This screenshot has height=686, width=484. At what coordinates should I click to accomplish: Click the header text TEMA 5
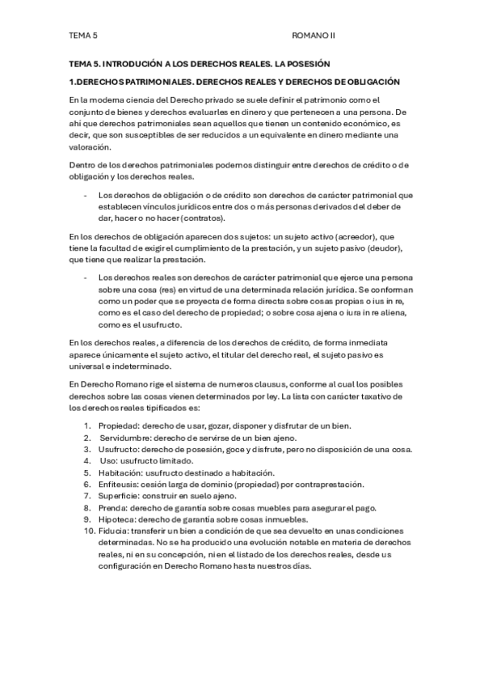coord(83,36)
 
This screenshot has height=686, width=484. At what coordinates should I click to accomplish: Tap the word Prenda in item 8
coord(112,508)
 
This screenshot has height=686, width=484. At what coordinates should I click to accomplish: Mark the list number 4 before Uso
coord(87,461)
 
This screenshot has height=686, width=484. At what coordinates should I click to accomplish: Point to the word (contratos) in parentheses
coord(202,218)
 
